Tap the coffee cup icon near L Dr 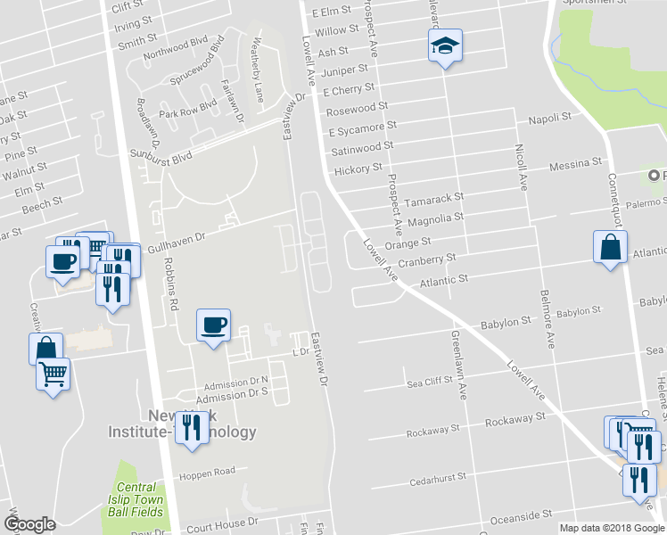[213, 325]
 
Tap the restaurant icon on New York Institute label [192, 428]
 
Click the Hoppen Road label [206, 471]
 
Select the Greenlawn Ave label [458, 365]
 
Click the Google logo [29, 524]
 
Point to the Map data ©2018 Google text [612, 528]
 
